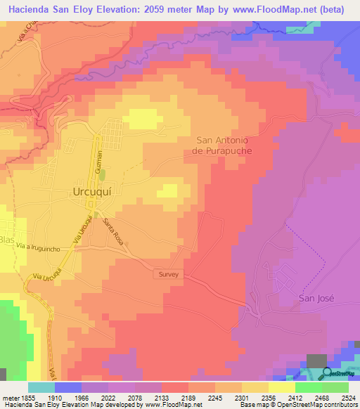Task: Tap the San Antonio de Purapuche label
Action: pyautogui.click(x=223, y=145)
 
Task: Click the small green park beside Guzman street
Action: pyautogui.click(x=102, y=174)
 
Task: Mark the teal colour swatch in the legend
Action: pyautogui.click(x=41, y=387)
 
